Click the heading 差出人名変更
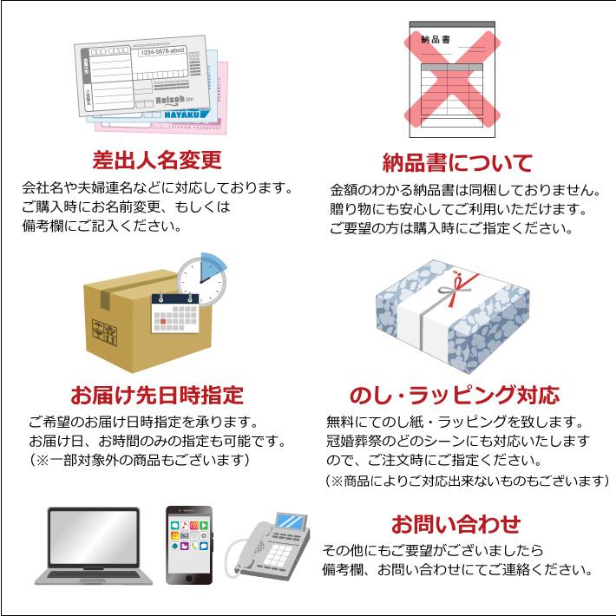click(x=157, y=161)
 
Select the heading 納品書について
click(x=457, y=162)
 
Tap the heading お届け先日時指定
click(x=158, y=396)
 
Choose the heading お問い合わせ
click(x=455, y=523)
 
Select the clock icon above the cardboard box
click(x=202, y=279)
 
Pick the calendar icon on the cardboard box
click(x=175, y=312)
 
